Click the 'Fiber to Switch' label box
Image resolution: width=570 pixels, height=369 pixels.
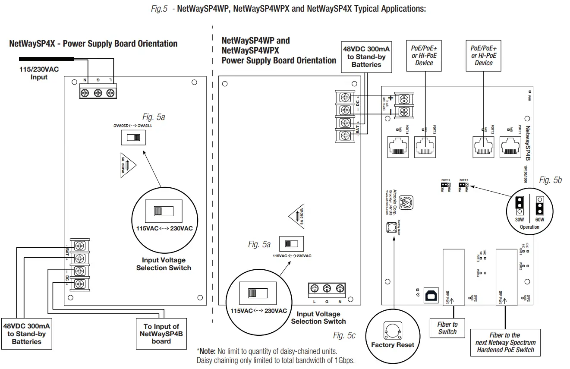[x=447, y=328]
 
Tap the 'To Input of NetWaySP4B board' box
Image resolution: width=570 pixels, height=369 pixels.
[x=161, y=334]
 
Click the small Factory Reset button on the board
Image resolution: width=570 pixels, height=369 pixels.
[x=391, y=227]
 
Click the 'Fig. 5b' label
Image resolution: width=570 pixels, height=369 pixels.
[x=550, y=180]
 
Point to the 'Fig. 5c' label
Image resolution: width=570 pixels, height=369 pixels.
[x=344, y=335]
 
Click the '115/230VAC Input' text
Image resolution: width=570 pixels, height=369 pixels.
[x=39, y=73]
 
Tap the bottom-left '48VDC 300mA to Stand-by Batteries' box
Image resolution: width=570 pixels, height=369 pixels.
[x=26, y=334]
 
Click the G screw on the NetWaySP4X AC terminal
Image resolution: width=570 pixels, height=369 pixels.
[x=98, y=92]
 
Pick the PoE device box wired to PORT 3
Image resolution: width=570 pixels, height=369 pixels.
[x=424, y=56]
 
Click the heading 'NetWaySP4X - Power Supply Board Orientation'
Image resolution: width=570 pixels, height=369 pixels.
[x=93, y=44]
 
